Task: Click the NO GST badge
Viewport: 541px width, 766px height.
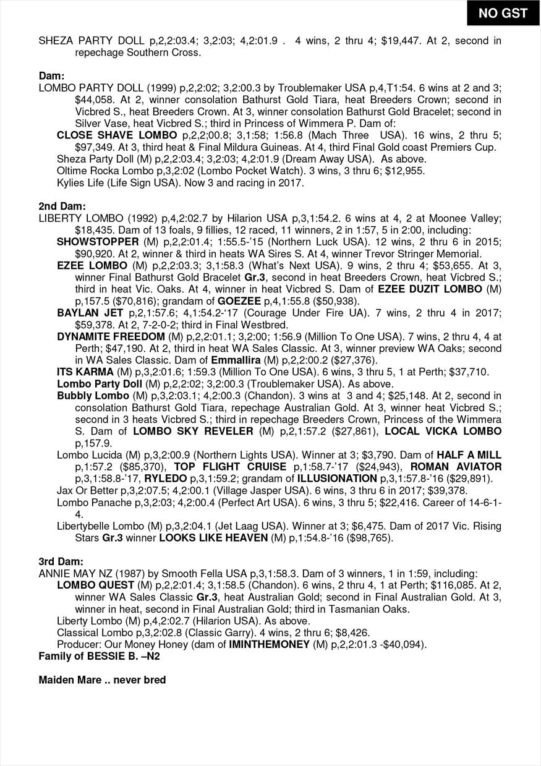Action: pyautogui.click(x=503, y=13)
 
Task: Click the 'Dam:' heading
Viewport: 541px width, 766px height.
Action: pyautogui.click(x=51, y=76)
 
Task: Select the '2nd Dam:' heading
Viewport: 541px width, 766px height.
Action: pyautogui.click(x=62, y=206)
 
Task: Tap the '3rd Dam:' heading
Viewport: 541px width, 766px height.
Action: pyautogui.click(x=61, y=561)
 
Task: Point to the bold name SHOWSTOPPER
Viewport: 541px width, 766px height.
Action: pyautogui.click(x=98, y=241)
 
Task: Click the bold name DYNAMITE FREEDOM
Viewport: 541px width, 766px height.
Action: pyautogui.click(x=111, y=336)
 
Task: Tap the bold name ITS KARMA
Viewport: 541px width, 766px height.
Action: pyautogui.click(x=85, y=372)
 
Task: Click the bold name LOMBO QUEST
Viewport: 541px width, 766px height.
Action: pyautogui.click(x=95, y=585)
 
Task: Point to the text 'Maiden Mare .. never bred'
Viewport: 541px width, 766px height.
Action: pyautogui.click(x=102, y=679)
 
